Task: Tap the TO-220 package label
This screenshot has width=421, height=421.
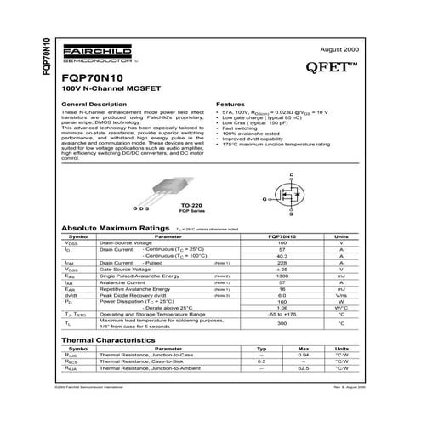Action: click(192, 206)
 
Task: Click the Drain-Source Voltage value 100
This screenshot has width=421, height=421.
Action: click(282, 243)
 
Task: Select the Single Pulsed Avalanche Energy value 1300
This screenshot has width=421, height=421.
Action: click(282, 276)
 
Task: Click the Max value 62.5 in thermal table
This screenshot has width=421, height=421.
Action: click(302, 369)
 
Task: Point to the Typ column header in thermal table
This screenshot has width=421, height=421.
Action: click(261, 349)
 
